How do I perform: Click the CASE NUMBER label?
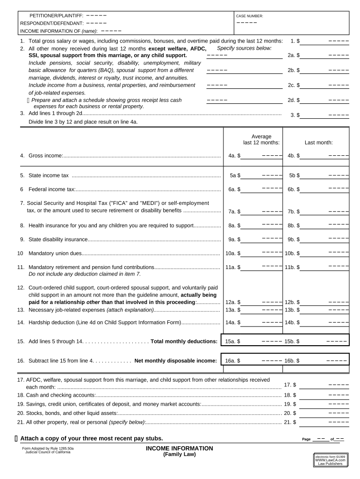tap(250, 16)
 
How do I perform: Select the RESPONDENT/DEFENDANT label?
tap(52, 23)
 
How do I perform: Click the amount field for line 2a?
tap(324, 55)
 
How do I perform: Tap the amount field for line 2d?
tap(324, 100)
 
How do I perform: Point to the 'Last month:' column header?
tap(318, 143)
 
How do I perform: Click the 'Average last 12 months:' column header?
tap(261, 139)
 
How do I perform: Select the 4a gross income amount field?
tap(262, 156)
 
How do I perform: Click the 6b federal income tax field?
tap(324, 189)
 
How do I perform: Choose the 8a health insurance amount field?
tap(262, 225)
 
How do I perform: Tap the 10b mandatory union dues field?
tap(324, 254)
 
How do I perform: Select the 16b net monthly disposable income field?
tap(324, 361)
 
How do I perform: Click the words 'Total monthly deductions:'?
tap(184, 341)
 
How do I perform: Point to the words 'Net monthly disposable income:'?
tap(175, 361)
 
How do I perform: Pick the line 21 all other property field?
tap(324, 422)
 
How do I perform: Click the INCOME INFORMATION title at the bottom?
tap(180, 449)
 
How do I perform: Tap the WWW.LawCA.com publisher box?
tap(331, 460)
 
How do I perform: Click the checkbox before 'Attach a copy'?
tap(16, 438)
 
